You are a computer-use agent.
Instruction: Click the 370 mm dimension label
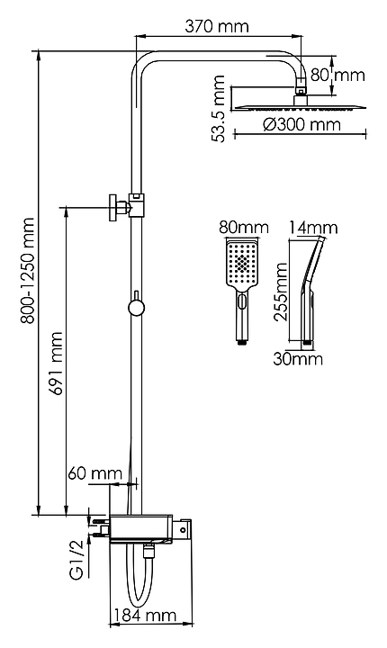click(217, 26)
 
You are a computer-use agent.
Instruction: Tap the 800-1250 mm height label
click(28, 271)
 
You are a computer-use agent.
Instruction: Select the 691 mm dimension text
click(55, 364)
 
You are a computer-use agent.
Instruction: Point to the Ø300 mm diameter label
click(301, 124)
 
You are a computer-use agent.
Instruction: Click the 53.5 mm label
click(219, 109)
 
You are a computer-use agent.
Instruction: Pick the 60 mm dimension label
click(95, 473)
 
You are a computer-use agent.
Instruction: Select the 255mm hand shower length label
click(282, 292)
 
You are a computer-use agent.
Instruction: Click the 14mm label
click(313, 228)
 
